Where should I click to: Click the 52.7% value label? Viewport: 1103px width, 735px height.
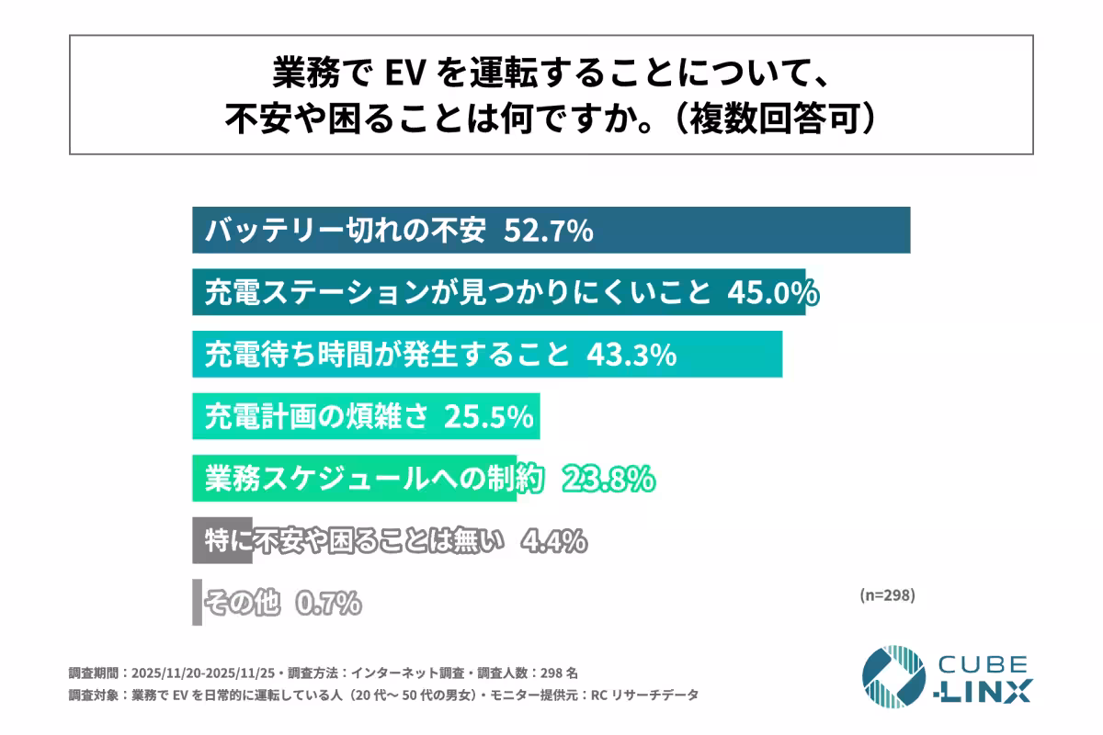[548, 232]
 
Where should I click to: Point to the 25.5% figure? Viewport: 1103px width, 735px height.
[488, 417]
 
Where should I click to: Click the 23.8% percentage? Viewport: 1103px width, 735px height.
[608, 479]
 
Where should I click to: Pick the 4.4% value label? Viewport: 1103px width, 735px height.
[553, 541]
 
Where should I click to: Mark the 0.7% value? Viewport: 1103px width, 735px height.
[328, 603]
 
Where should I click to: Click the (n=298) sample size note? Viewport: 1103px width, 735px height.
[887, 594]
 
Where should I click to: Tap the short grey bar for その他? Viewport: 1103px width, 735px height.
[197, 603]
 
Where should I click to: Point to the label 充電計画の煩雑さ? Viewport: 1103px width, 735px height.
[316, 417]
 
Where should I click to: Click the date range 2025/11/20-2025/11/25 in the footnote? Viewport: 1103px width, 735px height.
[219, 673]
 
